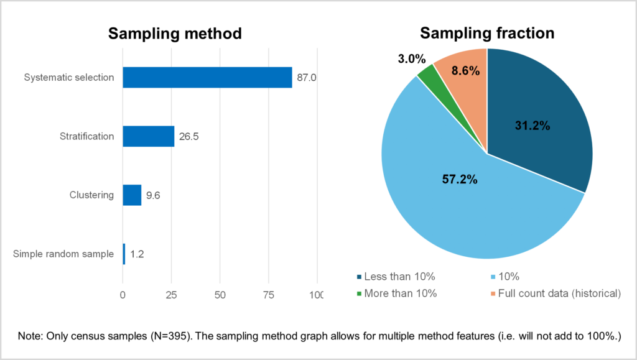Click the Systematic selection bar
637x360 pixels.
(207, 77)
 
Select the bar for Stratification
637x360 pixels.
(148, 136)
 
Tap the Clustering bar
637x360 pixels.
(132, 195)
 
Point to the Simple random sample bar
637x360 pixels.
(124, 254)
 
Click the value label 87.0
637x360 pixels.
(307, 78)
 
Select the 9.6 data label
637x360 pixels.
(152, 195)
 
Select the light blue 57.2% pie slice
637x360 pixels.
(454, 187)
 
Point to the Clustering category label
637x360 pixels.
(91, 195)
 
